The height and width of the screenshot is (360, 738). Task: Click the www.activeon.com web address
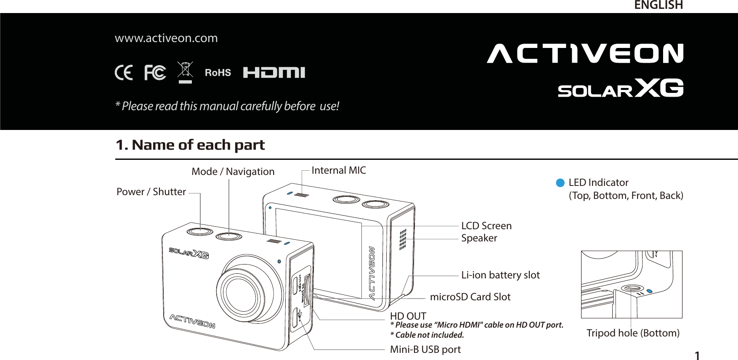[166, 38]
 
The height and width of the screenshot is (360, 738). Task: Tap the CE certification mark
[124, 73]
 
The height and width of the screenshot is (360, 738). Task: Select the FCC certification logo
[155, 73]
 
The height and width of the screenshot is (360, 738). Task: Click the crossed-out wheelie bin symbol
[185, 72]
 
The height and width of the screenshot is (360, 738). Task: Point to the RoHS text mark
[218, 73]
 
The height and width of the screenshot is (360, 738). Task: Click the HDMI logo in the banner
[274, 73]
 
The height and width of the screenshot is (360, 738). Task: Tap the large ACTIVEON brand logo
[585, 54]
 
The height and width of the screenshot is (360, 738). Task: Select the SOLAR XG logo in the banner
[620, 88]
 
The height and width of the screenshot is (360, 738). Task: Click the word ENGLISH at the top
[658, 5]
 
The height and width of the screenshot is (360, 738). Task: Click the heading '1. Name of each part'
[190, 145]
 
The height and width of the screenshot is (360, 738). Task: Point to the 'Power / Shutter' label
[151, 192]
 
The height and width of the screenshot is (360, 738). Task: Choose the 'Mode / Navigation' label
[233, 172]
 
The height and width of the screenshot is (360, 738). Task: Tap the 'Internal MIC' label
[339, 170]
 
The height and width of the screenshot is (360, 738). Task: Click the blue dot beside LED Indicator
[560, 183]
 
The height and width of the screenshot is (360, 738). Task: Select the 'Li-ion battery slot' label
[500, 275]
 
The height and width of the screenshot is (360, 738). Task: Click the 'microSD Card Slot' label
[470, 297]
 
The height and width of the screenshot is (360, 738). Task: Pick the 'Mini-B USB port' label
[425, 349]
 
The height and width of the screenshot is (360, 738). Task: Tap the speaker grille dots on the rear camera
[403, 240]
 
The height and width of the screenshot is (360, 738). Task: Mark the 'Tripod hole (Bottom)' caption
[633, 333]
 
